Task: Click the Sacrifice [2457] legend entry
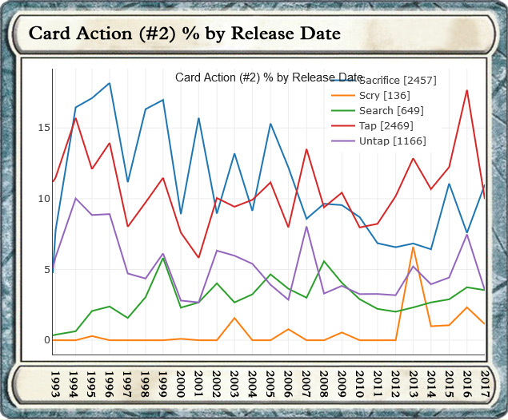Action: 398,80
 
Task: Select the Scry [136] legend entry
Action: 385,95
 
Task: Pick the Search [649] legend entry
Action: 391,110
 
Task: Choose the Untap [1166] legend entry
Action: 393,141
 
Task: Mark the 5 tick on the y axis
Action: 45,270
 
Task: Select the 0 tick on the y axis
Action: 45,340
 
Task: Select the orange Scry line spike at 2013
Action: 414,248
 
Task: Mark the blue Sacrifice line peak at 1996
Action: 110,83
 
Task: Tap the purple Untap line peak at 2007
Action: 306,227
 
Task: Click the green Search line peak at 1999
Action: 163,258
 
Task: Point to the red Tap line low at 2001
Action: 198,258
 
